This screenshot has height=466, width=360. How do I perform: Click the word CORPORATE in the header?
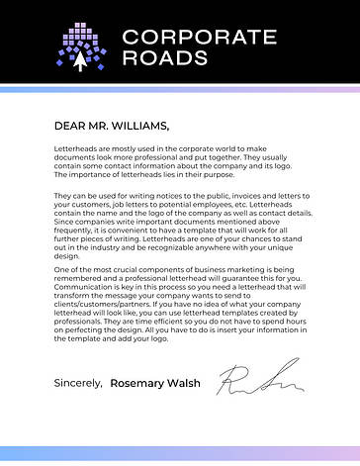(x=199, y=38)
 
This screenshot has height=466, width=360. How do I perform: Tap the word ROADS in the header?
(x=164, y=58)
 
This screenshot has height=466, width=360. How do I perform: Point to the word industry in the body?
(x=99, y=254)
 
